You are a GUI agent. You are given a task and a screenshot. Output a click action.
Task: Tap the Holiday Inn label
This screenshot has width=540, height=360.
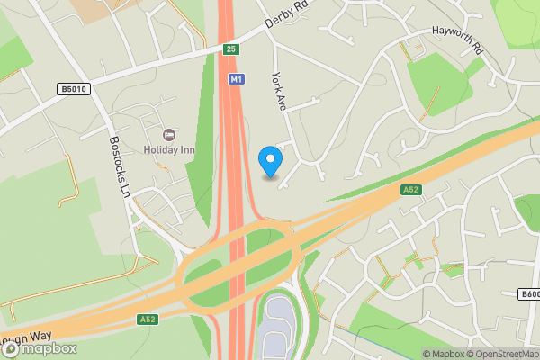168,149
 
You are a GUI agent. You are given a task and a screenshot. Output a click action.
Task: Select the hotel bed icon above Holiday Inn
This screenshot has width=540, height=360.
169,134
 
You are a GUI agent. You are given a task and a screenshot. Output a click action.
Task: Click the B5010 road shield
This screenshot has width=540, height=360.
74,89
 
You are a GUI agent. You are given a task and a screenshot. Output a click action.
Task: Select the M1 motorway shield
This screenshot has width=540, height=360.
235,80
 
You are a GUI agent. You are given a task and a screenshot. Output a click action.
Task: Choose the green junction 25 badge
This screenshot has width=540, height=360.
231,49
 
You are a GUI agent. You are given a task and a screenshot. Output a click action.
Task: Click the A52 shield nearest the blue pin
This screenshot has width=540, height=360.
410,189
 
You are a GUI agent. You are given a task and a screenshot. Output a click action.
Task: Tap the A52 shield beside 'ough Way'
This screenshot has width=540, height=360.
148,319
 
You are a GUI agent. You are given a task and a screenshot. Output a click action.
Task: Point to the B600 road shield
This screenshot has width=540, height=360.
529,294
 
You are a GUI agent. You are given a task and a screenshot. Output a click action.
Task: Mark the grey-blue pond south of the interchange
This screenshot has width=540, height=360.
275,326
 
